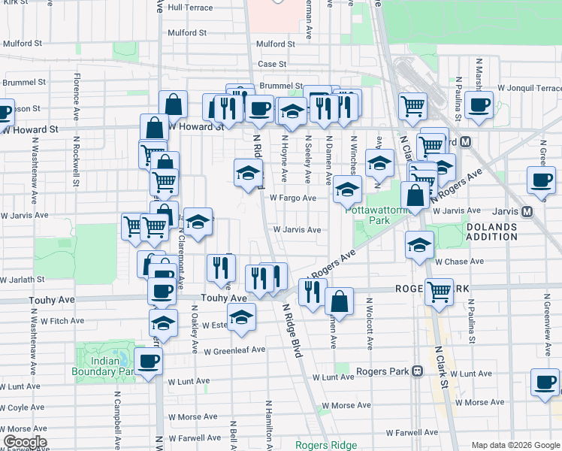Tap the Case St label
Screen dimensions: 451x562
click(x=272, y=65)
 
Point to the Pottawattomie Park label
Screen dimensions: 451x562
click(x=368, y=216)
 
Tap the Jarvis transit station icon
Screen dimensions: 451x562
click(x=527, y=211)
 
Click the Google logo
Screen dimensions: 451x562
click(x=24, y=442)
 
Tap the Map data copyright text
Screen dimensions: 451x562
click(x=515, y=445)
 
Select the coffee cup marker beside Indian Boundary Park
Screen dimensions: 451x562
click(x=148, y=362)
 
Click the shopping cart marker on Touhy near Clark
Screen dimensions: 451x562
click(x=438, y=292)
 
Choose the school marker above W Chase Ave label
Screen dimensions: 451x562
click(x=420, y=244)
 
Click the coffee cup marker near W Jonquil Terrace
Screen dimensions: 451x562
click(x=478, y=105)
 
